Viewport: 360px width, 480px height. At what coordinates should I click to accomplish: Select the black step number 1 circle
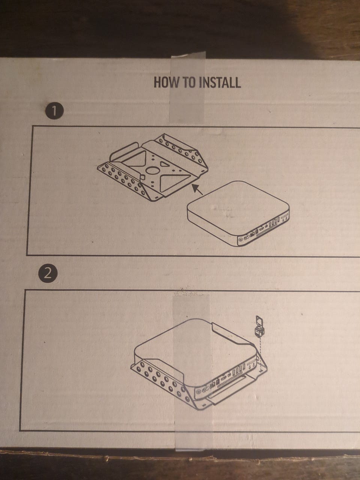[x=54, y=111]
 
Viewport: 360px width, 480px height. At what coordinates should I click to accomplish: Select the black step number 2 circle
[x=48, y=274]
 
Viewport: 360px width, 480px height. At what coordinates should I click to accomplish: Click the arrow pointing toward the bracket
[x=197, y=189]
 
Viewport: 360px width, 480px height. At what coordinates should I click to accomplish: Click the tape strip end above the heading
[x=188, y=57]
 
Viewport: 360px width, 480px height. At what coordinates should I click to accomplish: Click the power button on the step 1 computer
[x=241, y=240]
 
